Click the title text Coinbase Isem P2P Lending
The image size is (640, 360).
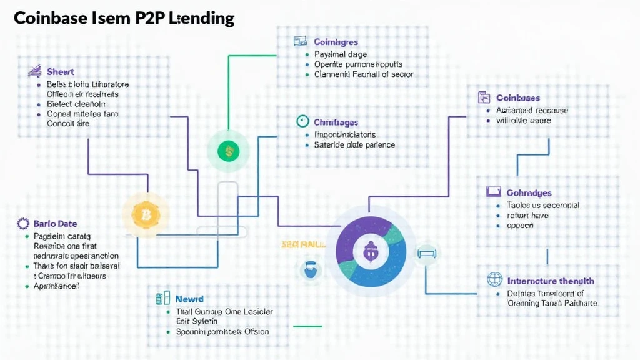click(124, 19)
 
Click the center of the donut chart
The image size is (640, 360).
click(371, 251)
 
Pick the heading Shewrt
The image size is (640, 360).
click(61, 72)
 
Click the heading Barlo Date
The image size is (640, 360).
click(56, 224)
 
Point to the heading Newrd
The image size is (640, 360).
click(189, 299)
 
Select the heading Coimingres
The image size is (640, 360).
click(336, 42)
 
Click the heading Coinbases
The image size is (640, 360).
click(518, 97)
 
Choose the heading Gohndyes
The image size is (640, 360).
click(529, 193)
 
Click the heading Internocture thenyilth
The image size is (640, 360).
click(551, 281)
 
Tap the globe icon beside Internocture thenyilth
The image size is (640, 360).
click(494, 280)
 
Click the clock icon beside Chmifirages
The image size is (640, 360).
click(302, 121)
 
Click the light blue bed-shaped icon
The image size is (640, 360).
click(427, 253)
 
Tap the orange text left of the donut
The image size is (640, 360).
click(304, 244)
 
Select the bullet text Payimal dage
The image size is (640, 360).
click(341, 54)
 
